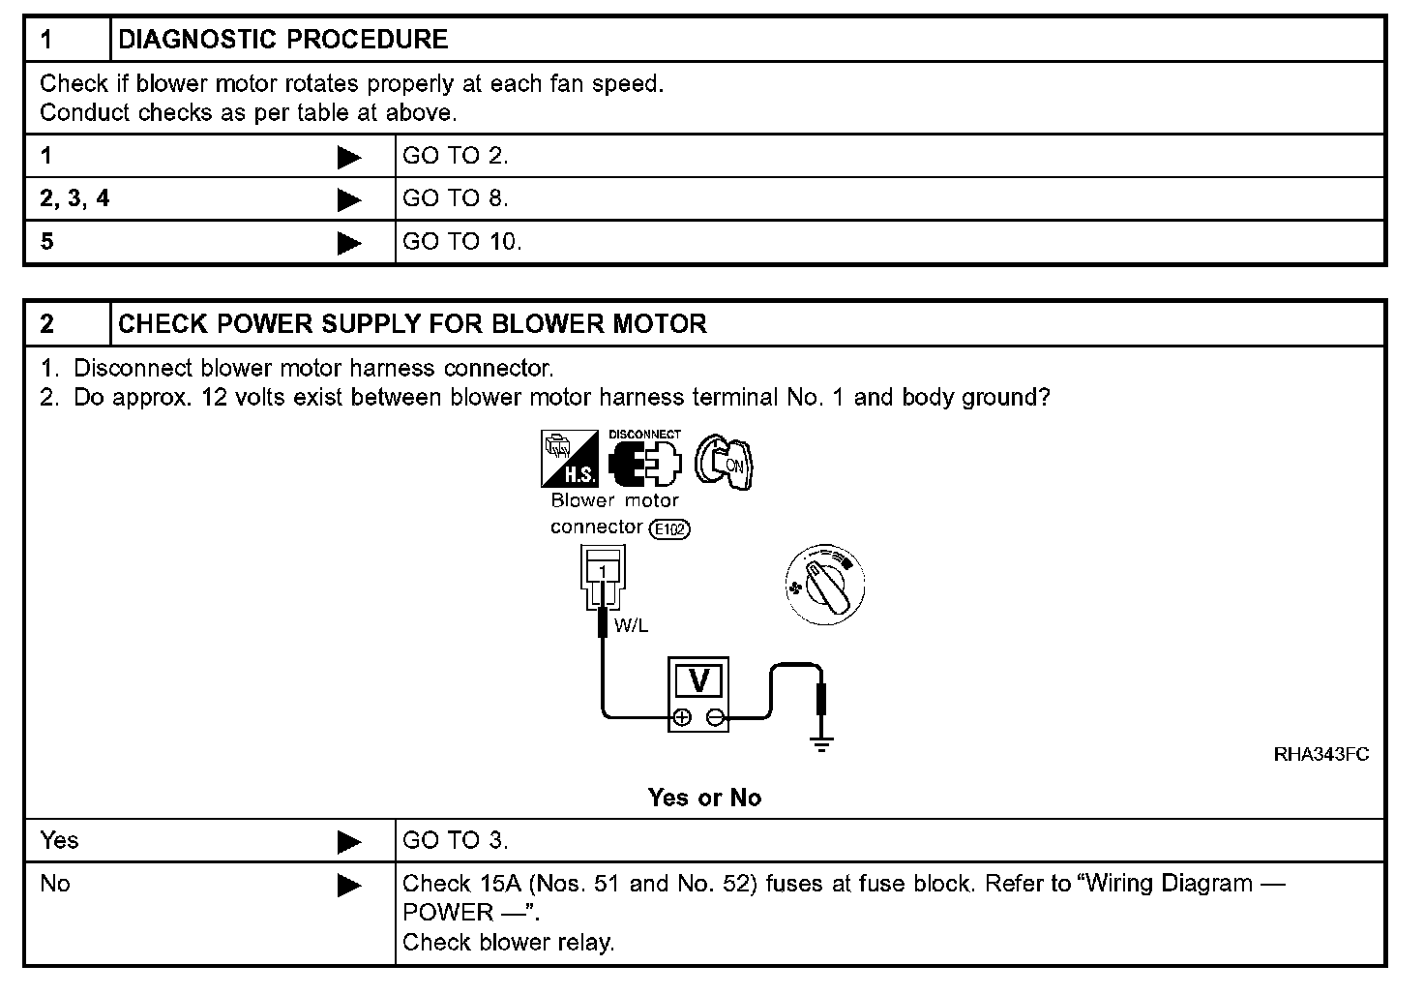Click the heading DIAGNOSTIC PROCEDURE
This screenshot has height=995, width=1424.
pyautogui.click(x=282, y=40)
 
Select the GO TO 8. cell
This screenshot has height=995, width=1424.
pyautogui.click(x=455, y=198)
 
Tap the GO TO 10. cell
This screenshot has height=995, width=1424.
pyautogui.click(x=461, y=241)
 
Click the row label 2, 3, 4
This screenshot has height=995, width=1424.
pyautogui.click(x=74, y=198)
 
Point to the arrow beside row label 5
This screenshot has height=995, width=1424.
pyautogui.click(x=349, y=243)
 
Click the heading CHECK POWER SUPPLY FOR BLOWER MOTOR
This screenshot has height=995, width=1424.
pyautogui.click(x=412, y=324)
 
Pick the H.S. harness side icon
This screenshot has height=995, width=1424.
pyautogui.click(x=569, y=459)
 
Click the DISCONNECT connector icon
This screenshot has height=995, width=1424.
pyautogui.click(x=644, y=459)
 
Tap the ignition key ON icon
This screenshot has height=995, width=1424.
pyautogui.click(x=725, y=461)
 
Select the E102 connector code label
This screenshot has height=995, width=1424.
pyautogui.click(x=670, y=528)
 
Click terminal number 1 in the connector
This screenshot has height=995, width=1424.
pyautogui.click(x=602, y=572)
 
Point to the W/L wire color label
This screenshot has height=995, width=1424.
pyautogui.click(x=631, y=625)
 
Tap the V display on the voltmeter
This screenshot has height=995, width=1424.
pyautogui.click(x=698, y=681)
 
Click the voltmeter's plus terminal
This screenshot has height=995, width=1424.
pyautogui.click(x=682, y=717)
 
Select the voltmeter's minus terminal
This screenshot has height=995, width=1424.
pyautogui.click(x=716, y=717)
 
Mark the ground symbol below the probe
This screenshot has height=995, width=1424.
pyautogui.click(x=821, y=744)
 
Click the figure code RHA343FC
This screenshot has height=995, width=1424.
pyautogui.click(x=1320, y=755)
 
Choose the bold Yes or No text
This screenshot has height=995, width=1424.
pyautogui.click(x=704, y=798)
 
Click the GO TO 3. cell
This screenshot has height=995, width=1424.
pyautogui.click(x=455, y=840)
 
